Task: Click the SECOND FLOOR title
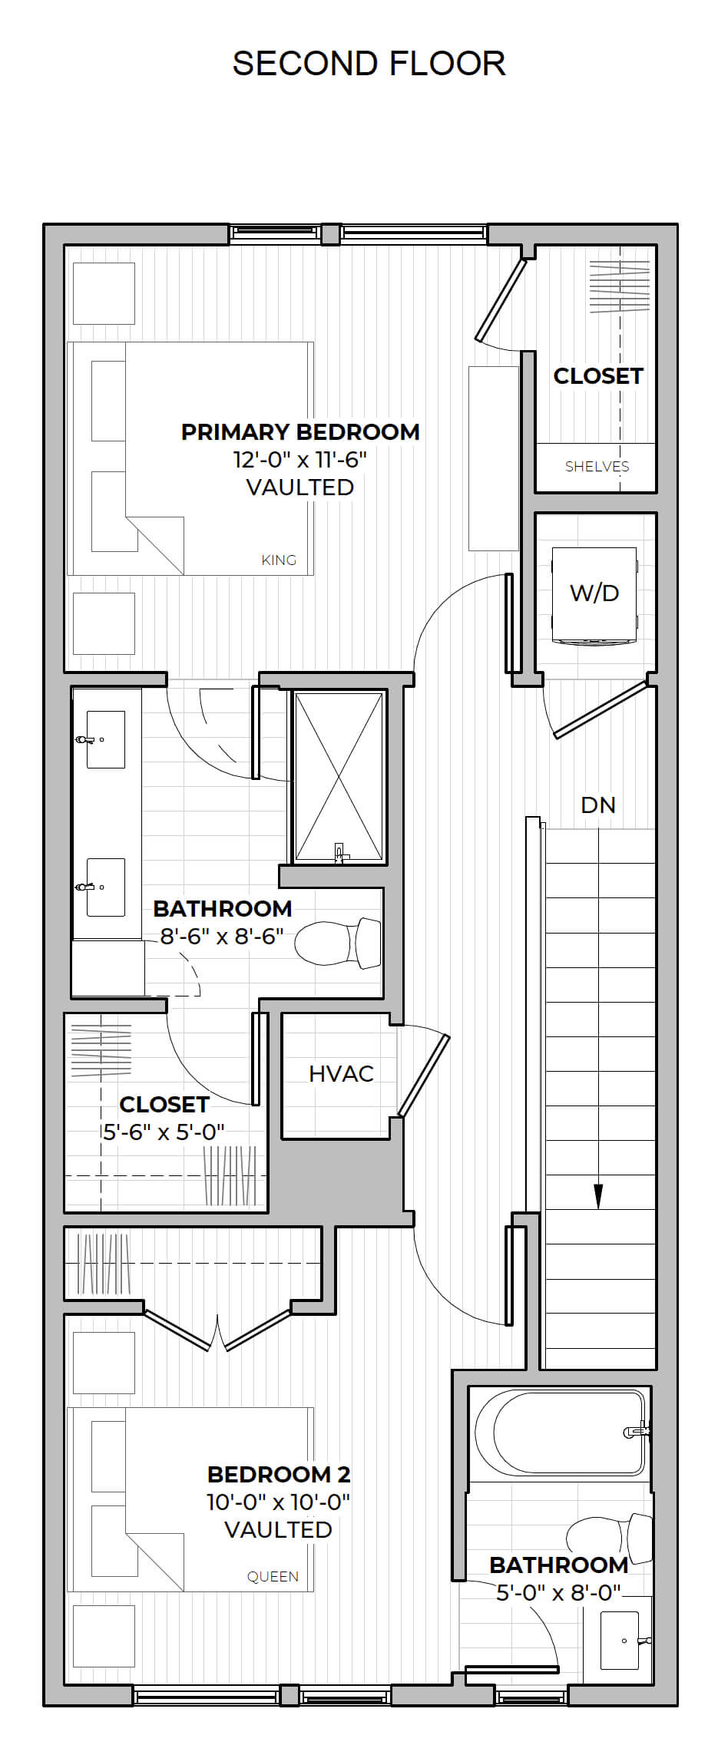point(369,63)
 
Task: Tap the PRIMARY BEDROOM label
point(300,431)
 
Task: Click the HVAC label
point(341,1073)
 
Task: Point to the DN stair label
point(598,805)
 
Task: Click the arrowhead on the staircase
point(598,1196)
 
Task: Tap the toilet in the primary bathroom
point(339,942)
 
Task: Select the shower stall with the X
point(339,775)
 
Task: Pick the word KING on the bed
point(279,560)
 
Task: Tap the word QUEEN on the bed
point(273,1576)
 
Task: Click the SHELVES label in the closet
point(597,466)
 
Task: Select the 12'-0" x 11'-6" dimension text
point(300,459)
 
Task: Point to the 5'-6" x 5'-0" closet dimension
point(164,1132)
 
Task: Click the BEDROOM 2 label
point(279,1474)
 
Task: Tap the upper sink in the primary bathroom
point(105,739)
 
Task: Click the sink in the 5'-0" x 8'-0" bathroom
point(619,1641)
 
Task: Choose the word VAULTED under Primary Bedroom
point(300,487)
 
